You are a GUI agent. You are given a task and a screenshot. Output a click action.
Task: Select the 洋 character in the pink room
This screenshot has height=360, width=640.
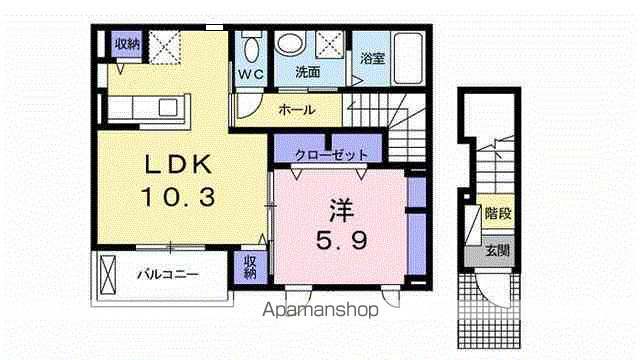pyautogui.click(x=338, y=211)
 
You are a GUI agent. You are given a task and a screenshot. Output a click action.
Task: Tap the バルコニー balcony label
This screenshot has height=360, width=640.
pyautogui.click(x=167, y=273)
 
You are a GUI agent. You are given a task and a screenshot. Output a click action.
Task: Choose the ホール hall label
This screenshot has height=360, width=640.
pyautogui.click(x=297, y=110)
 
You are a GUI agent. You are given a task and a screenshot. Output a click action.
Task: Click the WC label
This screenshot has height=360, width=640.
pyautogui.click(x=250, y=73)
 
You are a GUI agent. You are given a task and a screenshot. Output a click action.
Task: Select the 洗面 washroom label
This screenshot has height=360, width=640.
pyautogui.click(x=307, y=73)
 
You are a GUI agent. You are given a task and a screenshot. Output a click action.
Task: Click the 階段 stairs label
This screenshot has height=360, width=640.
pyautogui.click(x=497, y=213)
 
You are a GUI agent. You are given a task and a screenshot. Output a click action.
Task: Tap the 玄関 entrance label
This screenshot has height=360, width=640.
pyautogui.click(x=497, y=250)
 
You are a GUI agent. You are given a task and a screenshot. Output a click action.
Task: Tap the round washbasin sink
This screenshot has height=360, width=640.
pyautogui.click(x=290, y=44)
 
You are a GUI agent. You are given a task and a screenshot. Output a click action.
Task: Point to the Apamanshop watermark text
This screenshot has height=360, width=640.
pyautogui.click(x=323, y=310)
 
